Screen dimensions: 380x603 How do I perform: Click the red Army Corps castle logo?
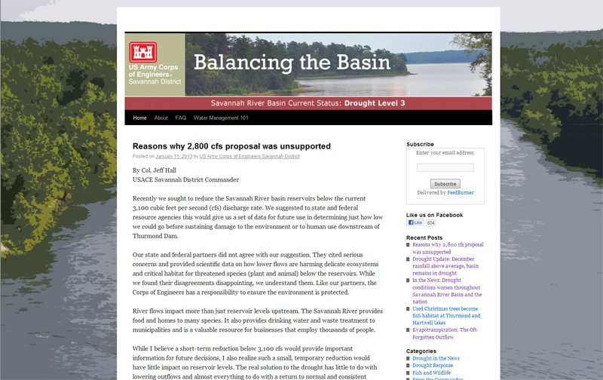(142, 51)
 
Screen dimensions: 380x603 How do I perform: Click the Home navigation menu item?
(140, 118)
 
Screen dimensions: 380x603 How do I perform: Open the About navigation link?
(161, 118)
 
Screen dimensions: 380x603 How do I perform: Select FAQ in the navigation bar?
(181, 118)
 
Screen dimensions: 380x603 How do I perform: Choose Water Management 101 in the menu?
(221, 118)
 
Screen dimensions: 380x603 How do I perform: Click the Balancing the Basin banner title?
(292, 62)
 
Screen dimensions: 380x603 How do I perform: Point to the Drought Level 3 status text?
(375, 103)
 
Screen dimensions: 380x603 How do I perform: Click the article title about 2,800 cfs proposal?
(231, 146)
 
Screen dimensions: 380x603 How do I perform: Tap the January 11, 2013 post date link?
(173, 157)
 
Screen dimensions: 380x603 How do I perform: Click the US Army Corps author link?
(249, 157)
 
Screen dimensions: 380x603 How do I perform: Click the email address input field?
(445, 167)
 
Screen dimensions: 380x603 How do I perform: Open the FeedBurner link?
(460, 193)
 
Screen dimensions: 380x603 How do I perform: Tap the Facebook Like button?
(415, 223)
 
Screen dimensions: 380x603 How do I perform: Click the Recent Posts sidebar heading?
(424, 237)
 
